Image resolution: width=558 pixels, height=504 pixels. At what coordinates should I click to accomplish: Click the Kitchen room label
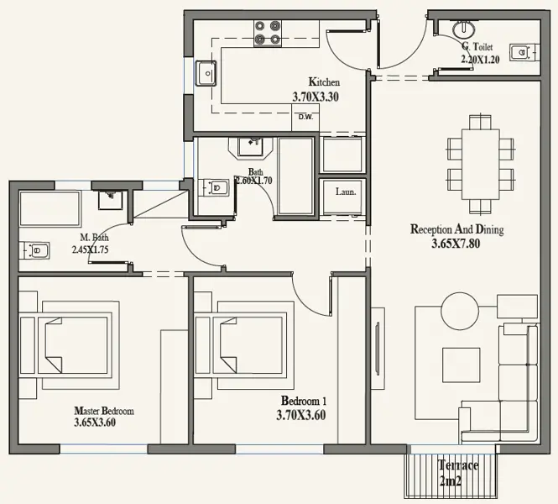pos(324,82)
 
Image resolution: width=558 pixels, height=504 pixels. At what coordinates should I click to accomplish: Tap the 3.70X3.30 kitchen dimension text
pos(316,97)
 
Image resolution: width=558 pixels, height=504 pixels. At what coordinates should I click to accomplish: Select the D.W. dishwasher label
pos(305,117)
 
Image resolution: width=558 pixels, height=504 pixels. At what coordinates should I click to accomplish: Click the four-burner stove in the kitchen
pos(268,33)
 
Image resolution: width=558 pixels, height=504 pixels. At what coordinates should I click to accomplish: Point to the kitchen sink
pos(206,73)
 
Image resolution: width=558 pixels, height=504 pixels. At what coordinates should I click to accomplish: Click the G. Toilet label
pos(477,46)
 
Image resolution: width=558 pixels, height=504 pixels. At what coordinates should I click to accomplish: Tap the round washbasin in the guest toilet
pos(463,29)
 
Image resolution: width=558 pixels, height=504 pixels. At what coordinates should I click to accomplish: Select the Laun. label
pos(346,192)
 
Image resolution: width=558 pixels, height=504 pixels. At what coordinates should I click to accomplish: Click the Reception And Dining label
pos(457,229)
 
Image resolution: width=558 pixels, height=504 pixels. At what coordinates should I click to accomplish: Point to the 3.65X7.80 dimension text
pos(456,244)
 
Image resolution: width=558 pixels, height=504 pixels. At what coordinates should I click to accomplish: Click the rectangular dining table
pos(481,165)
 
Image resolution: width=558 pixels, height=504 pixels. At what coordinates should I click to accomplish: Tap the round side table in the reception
pos(460,311)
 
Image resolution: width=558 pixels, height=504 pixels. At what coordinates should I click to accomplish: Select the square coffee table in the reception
pos(462,365)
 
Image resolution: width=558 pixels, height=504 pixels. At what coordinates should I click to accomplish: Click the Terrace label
pos(458,465)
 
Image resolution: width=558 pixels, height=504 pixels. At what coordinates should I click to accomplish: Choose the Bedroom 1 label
pos(304,401)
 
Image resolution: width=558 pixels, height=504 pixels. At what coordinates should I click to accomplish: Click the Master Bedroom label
pos(104,411)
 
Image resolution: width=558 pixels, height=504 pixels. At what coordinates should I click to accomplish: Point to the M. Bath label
pos(94,237)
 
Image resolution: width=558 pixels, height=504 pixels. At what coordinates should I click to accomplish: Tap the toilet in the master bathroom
pos(34,250)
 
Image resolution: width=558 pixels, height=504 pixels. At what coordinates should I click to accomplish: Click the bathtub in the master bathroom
pos(50,208)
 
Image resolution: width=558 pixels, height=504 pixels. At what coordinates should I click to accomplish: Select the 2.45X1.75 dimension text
pos(90,249)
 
